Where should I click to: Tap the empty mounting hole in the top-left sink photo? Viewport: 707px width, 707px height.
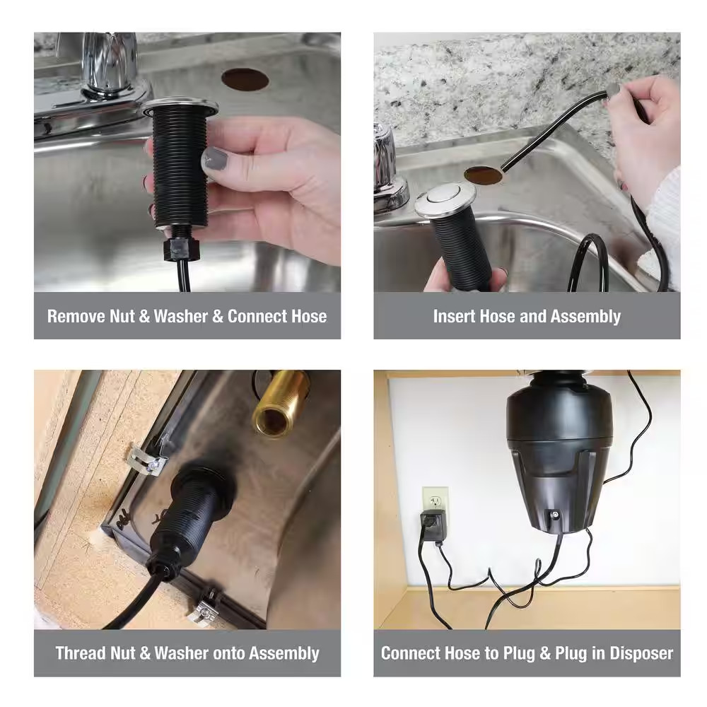[245, 79]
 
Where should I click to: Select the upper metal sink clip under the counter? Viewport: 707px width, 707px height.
[149, 461]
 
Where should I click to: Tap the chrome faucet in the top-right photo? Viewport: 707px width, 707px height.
[387, 170]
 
